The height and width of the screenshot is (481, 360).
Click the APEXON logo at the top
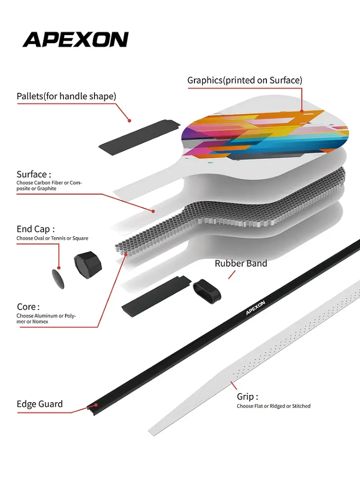coord(75,40)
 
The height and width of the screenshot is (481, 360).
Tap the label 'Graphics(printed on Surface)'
coord(244,80)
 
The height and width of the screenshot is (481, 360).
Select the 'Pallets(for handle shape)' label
coord(66,96)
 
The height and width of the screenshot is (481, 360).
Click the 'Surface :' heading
coord(34,174)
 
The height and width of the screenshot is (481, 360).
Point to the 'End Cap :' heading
coord(36,229)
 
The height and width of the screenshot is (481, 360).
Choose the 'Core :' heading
coord(28,307)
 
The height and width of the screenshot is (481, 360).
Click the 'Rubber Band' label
coord(241,263)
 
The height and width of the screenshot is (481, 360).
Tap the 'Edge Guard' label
coord(40,404)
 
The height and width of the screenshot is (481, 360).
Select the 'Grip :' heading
coord(247,397)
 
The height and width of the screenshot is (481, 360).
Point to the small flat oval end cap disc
coord(58,279)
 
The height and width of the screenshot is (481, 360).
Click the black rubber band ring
coord(207,290)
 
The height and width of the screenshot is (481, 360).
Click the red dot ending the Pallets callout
coord(129,121)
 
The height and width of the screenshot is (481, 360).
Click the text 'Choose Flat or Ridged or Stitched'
coord(274,406)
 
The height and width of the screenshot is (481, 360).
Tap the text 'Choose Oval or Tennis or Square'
coord(52,238)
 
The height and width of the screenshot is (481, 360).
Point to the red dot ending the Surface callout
coord(153,211)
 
